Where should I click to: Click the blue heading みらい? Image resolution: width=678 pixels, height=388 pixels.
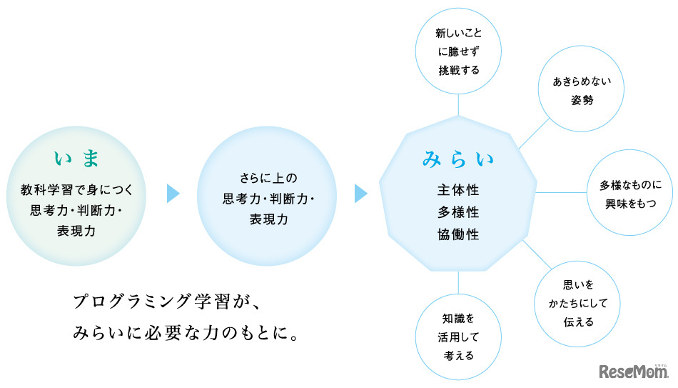[458, 159]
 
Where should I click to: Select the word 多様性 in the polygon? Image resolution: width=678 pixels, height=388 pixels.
[458, 213]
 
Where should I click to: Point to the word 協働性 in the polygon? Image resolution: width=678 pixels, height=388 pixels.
[458, 234]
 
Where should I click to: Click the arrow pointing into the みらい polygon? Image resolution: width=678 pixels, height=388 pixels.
[360, 194]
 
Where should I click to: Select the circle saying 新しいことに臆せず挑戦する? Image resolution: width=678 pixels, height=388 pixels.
[458, 51]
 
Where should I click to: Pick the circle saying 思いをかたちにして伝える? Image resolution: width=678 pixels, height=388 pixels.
[578, 303]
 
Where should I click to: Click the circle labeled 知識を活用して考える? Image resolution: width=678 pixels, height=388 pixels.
[458, 336]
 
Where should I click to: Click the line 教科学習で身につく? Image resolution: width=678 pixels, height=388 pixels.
[78, 191]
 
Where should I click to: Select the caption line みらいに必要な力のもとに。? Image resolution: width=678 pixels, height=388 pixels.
[185, 332]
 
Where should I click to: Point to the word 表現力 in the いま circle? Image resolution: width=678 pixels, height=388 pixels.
[78, 231]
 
